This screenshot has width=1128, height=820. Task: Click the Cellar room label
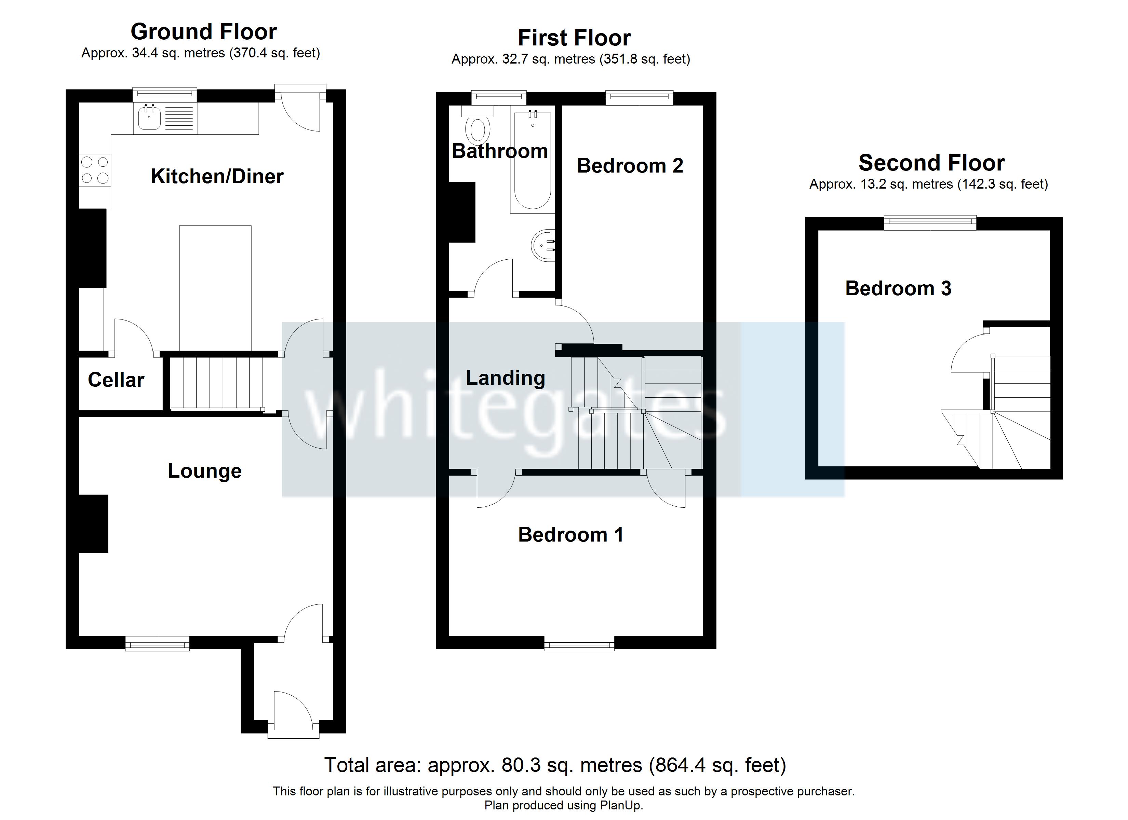116,380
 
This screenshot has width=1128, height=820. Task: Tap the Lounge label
204,471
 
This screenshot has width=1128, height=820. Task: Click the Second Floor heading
931,163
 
